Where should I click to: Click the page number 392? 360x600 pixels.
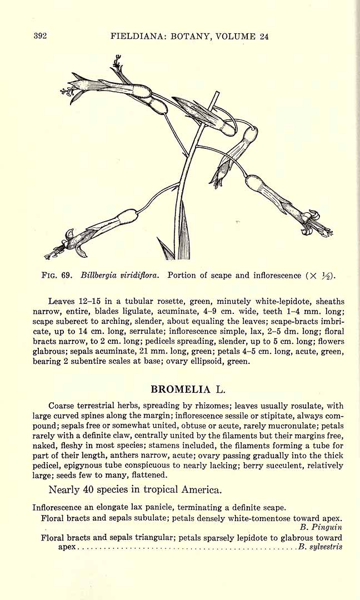[x=40, y=36]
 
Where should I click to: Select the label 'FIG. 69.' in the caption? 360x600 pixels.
[x=58, y=275]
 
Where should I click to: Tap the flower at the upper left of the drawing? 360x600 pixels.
[x=111, y=86]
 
